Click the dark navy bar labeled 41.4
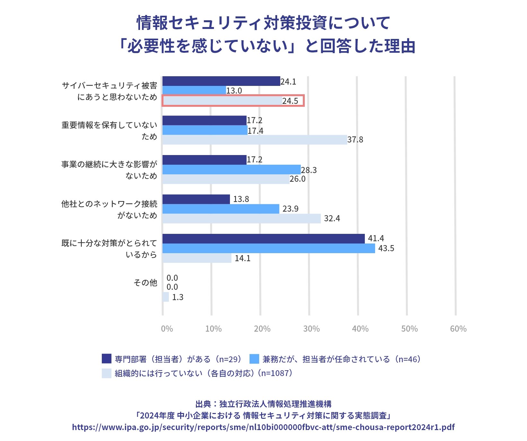pyautogui.click(x=263, y=239)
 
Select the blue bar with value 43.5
pyautogui.click(x=268, y=248)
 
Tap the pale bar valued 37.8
pyautogui.click(x=255, y=140)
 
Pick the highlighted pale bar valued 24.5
pyautogui.click(x=222, y=101)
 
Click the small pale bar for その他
pyautogui.click(x=166, y=297)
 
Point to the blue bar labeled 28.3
pyautogui.click(x=232, y=170)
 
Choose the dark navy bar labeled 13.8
pyautogui.click(x=196, y=199)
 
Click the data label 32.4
pyautogui.click(x=332, y=219)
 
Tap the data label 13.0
pyautogui.click(x=234, y=91)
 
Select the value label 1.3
pyautogui.click(x=178, y=297)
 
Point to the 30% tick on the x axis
pyautogui.click(x=311, y=329)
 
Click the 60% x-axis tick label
pyautogui.click(x=458, y=329)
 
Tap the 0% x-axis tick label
pyautogui.click(x=167, y=329)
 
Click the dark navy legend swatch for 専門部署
pyautogui.click(x=107, y=359)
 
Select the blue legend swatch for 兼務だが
pyautogui.click(x=254, y=359)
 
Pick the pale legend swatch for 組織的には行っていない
pyautogui.click(x=107, y=373)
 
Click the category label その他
pyautogui.click(x=145, y=283)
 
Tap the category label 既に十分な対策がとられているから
pyautogui.click(x=109, y=249)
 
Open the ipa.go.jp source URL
pyautogui.click(x=263, y=427)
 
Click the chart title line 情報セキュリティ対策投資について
pyautogui.click(x=263, y=23)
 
